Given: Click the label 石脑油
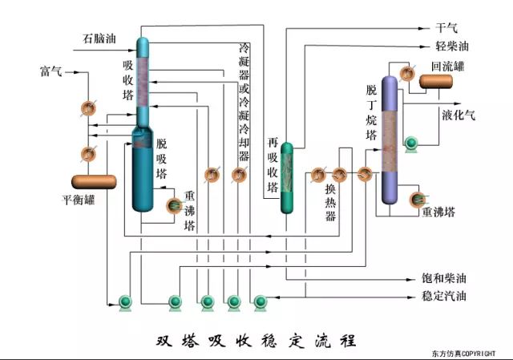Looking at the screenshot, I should pyautogui.click(x=99, y=38).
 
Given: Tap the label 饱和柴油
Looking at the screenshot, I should pyautogui.click(x=444, y=278).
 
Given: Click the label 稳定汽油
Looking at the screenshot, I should pyautogui.click(x=444, y=297).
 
